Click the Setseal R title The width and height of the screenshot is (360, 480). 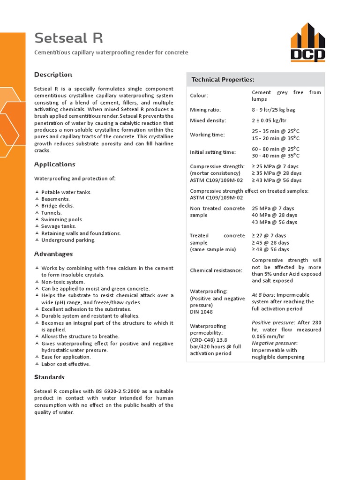(68, 38)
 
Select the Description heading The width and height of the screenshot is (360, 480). (53, 75)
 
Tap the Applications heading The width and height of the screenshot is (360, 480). (54, 165)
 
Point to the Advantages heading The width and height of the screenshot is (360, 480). (53, 254)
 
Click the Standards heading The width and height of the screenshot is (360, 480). (49, 377)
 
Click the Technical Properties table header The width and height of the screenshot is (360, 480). (223, 80)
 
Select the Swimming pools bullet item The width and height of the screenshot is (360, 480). (62, 219)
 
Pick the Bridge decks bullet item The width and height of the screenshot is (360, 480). (57, 206)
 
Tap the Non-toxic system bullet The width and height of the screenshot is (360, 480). (63, 282)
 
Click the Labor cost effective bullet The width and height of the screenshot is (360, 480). (66, 364)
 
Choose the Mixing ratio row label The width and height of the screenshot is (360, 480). (205, 110)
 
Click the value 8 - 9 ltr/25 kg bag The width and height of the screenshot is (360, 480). (273, 110)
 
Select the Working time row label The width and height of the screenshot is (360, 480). (207, 135)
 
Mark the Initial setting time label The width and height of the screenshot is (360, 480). (212, 152)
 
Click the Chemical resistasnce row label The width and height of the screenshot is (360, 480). (216, 270)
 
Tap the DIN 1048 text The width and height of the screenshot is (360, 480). (202, 312)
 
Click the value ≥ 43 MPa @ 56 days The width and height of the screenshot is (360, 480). (277, 180)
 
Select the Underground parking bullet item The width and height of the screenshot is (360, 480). (68, 240)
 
